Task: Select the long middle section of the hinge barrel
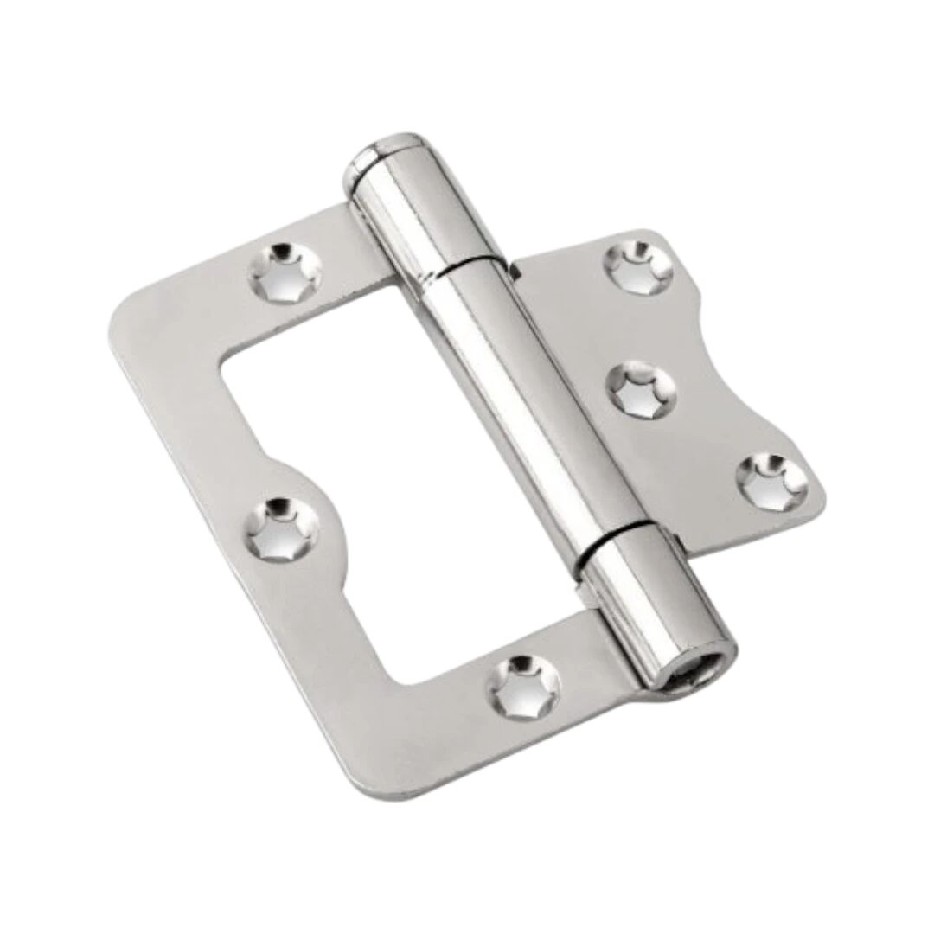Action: [528, 398]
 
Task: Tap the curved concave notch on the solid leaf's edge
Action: [744, 363]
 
